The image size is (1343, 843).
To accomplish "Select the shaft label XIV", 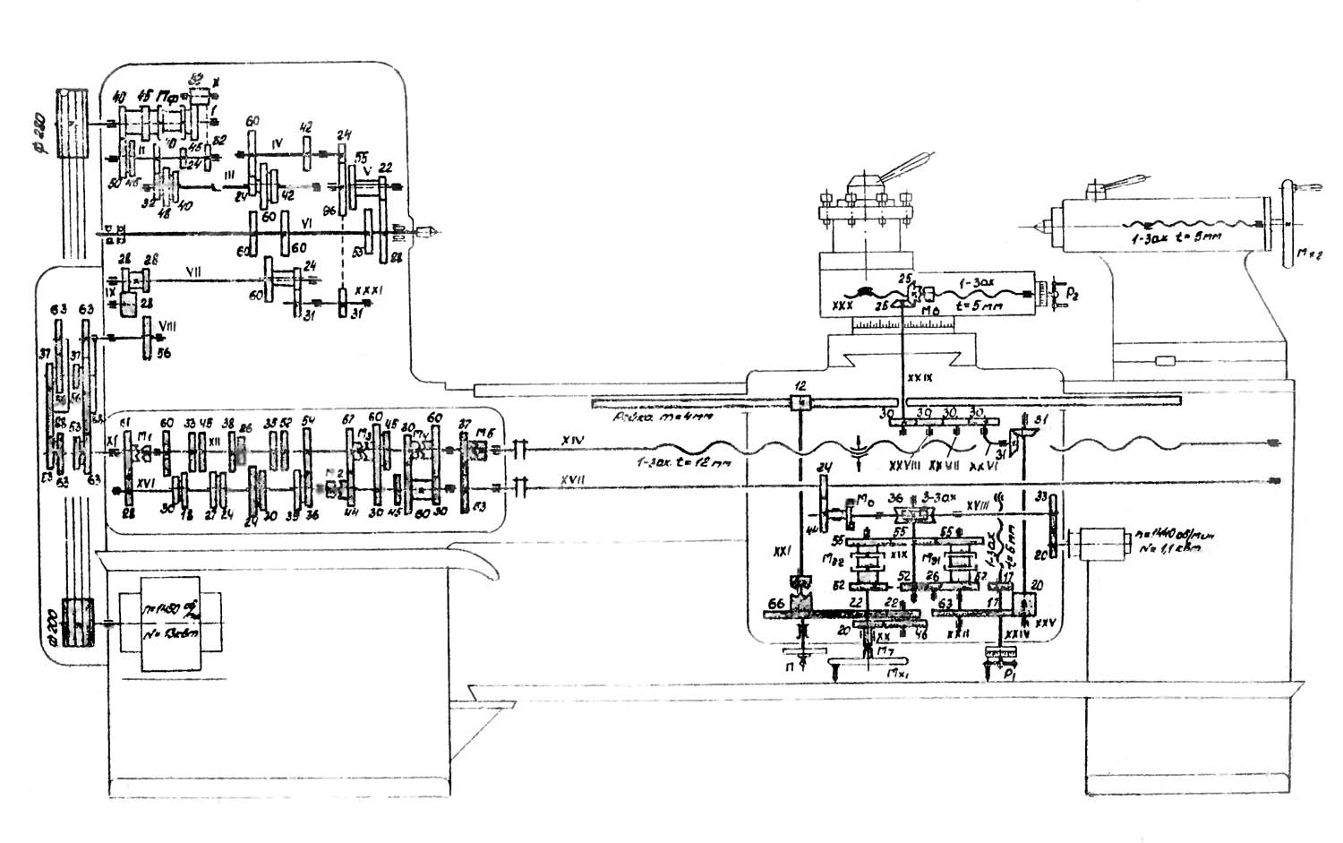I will pos(573,440).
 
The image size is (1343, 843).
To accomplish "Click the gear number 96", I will pos(329,211).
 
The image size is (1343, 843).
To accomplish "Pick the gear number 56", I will pos(164,354).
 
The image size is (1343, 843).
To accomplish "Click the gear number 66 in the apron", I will pos(775,604).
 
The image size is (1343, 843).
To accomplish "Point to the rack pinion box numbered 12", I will pos(800,400).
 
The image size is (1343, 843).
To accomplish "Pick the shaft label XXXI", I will pos(368,291).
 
